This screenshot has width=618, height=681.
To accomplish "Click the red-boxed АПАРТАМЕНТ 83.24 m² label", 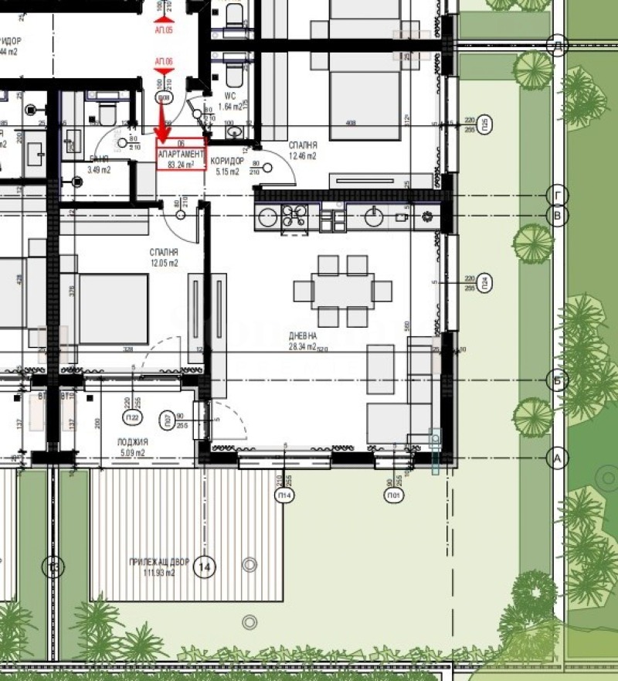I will coord(182,154).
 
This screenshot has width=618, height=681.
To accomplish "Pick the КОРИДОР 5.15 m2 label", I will coord(227,165).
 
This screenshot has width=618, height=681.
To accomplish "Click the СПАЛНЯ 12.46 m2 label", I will coord(302,150).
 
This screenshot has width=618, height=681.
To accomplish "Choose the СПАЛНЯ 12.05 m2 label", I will coord(164,257).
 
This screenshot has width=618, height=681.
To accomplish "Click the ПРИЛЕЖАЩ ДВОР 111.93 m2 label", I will coord(152,567).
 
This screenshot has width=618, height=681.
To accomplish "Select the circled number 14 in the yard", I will coord(205,567).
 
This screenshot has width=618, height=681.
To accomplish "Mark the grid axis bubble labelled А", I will coord(557,458).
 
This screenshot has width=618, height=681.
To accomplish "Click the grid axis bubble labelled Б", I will coord(557,380).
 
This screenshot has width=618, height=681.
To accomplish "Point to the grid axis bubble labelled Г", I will coord(557,194).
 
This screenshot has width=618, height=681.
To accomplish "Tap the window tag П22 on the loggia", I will coord(132,418).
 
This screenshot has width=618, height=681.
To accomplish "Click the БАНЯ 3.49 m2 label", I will coord(99,165).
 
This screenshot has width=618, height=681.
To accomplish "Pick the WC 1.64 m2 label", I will coord(230,103).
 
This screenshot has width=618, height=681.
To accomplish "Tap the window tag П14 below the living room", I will coord(285,495).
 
